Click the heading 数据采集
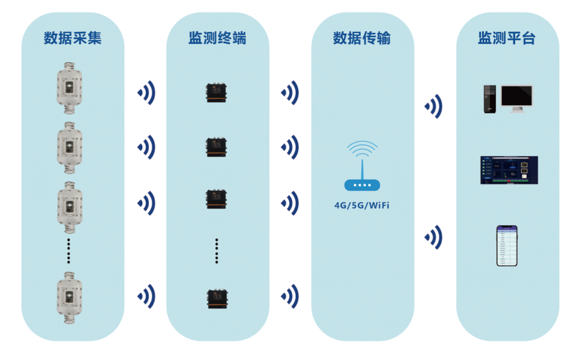pos(73,38)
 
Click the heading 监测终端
pos(217,38)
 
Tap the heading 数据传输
pos(362,38)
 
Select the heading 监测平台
pos(507,38)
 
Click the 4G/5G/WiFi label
pos(362,205)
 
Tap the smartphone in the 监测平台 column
pos(507,245)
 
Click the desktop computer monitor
pos(516,98)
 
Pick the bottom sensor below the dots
pos(69,296)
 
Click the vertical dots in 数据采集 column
pos(69,250)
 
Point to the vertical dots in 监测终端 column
pos(216,250)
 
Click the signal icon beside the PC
pos(433,106)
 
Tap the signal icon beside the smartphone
pos(433,237)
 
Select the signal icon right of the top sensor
pos(147,93)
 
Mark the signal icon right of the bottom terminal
pos(290,297)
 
